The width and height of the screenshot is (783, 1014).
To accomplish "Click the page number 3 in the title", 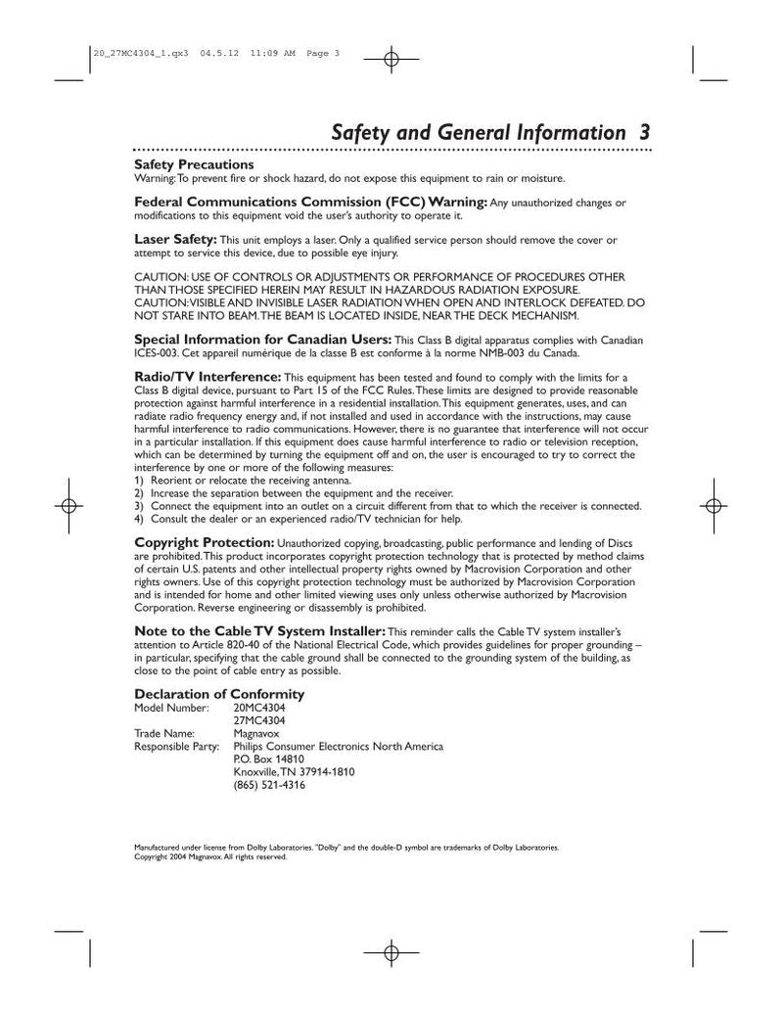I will [x=642, y=132].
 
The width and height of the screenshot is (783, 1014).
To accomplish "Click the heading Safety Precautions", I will [x=194, y=164].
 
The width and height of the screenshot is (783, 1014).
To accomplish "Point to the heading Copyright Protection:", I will [x=204, y=541].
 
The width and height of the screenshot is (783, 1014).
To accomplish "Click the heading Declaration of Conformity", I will [x=219, y=694].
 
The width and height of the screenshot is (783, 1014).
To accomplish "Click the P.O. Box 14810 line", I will [x=269, y=759].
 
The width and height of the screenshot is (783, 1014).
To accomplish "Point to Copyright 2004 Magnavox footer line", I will [x=209, y=856].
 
